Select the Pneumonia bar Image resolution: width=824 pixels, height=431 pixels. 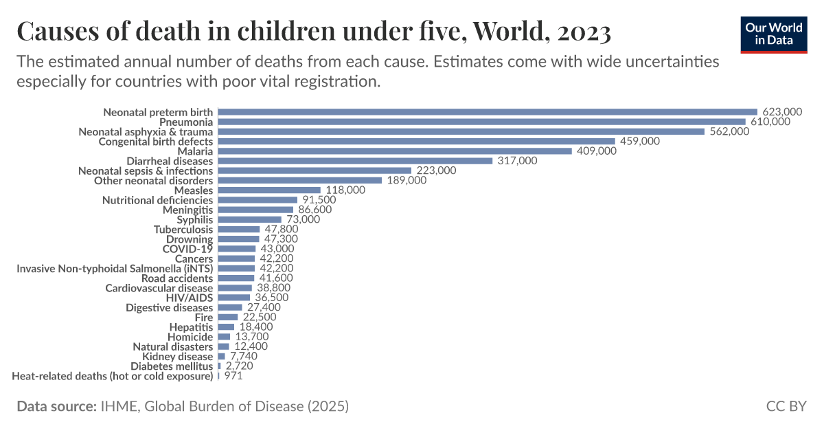(481, 122)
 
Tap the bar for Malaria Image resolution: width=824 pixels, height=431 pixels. (395, 151)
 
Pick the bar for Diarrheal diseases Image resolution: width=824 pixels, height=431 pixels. (355, 161)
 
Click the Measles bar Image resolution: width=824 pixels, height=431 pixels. (269, 190)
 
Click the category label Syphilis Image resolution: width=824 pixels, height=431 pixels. (195, 219)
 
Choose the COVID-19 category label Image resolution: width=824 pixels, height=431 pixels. (187, 249)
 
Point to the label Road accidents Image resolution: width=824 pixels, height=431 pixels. (177, 278)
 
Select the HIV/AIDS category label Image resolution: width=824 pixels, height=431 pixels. (190, 298)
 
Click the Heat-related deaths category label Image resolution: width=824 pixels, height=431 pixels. (113, 376)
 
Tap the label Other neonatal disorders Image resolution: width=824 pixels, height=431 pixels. (153, 180)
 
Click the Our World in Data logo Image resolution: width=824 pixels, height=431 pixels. (774, 34)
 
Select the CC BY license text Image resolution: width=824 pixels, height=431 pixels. (786, 406)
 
